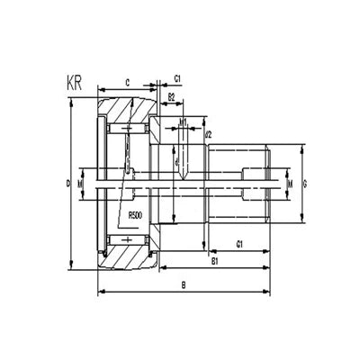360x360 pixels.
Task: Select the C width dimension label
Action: point(128,83)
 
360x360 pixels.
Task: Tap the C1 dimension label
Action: point(177,79)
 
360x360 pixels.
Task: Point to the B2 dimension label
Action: point(172,95)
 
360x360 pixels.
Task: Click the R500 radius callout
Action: point(138,215)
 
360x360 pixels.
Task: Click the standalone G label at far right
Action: point(307,184)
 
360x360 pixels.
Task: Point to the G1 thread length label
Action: point(241,244)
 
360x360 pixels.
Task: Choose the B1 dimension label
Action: point(216,261)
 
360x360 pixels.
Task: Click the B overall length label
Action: point(184,285)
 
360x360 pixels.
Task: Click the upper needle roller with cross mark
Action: point(127,131)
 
